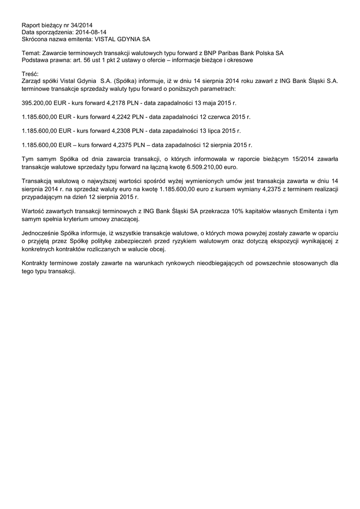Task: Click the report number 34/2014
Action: (82, 25)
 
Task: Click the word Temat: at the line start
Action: (32, 53)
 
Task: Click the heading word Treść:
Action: (31, 74)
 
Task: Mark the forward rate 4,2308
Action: (115, 131)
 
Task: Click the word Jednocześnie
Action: (44, 233)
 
